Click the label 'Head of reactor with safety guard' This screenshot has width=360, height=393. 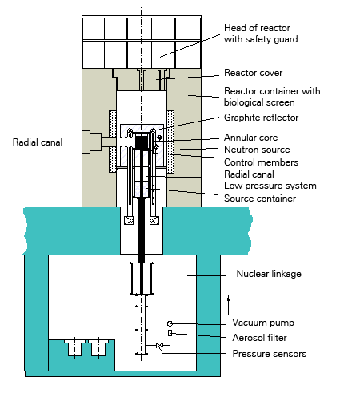pyautogui.click(x=261, y=34)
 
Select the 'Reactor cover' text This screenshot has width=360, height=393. pyautogui.click(x=253, y=73)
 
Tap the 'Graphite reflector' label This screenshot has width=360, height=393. pyautogui.click(x=261, y=118)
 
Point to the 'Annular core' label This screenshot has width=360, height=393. pyautogui.click(x=250, y=138)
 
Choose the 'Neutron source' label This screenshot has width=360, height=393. pyautogui.click(x=257, y=150)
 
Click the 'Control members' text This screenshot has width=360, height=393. pyautogui.click(x=261, y=162)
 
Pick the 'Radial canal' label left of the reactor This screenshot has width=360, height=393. pyautogui.click(x=38, y=142)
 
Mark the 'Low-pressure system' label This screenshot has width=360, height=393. pyautogui.click(x=270, y=186)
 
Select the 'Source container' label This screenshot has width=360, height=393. pyautogui.click(x=260, y=199)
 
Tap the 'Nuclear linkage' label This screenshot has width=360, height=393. pyautogui.click(x=269, y=274)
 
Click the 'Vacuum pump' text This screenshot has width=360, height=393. pyautogui.click(x=263, y=323)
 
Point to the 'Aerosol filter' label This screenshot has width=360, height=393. pyautogui.click(x=259, y=338)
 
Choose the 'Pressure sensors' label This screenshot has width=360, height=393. pyautogui.click(x=270, y=354)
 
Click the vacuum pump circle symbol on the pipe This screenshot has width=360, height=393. pyautogui.click(x=170, y=323)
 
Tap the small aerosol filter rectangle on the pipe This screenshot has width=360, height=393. pyautogui.click(x=170, y=333)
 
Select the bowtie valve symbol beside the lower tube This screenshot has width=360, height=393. pyautogui.click(x=159, y=346)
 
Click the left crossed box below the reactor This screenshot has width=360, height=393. pyautogui.click(x=129, y=220)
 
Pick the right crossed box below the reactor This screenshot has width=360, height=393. pyautogui.click(x=154, y=220)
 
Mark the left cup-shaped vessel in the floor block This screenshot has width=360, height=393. pyautogui.click(x=74, y=348)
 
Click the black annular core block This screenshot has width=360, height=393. pyautogui.click(x=142, y=142)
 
